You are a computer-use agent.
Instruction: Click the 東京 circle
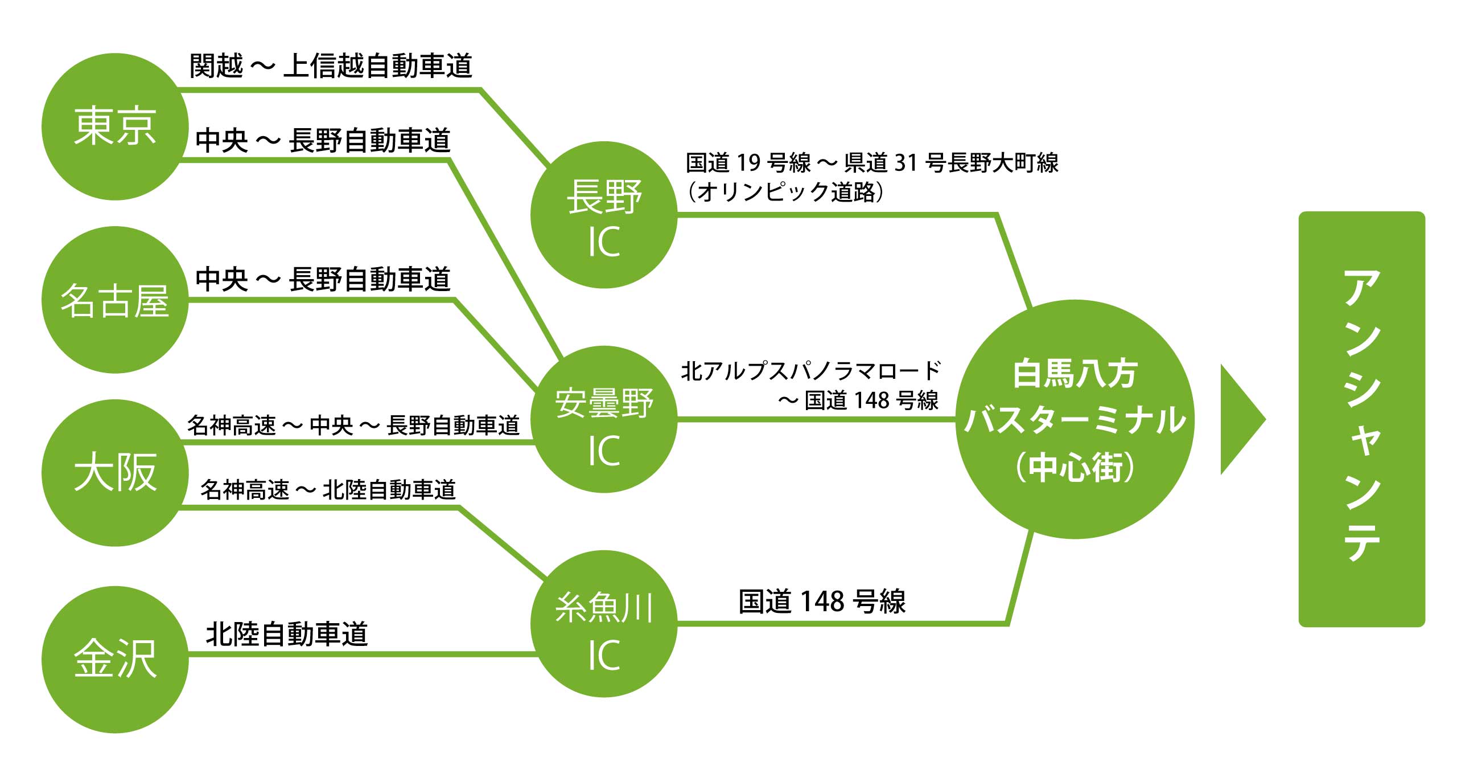point(115,126)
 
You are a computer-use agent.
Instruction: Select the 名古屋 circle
point(115,300)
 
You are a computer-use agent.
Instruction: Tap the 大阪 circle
point(115,473)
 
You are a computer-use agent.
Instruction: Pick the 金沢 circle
point(115,659)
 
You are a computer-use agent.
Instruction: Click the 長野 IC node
point(604,215)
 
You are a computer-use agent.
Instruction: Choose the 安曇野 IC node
point(604,419)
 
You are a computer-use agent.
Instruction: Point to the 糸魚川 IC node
point(604,624)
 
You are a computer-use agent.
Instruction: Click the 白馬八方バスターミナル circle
point(1075,419)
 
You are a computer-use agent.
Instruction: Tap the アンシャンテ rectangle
point(1361,419)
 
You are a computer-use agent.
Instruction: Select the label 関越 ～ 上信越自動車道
point(331,66)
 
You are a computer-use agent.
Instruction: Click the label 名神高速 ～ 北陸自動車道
point(328,490)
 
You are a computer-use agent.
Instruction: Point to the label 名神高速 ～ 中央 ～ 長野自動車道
point(353,426)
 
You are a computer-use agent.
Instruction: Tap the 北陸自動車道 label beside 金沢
point(287,634)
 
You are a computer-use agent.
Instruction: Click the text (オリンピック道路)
point(785,192)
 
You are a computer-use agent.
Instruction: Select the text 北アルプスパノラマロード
point(810,371)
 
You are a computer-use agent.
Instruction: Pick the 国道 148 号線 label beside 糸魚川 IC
point(822,602)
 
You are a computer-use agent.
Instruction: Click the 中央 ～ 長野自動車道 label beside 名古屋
point(323,280)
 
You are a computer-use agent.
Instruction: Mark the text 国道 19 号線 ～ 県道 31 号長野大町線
point(872,163)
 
